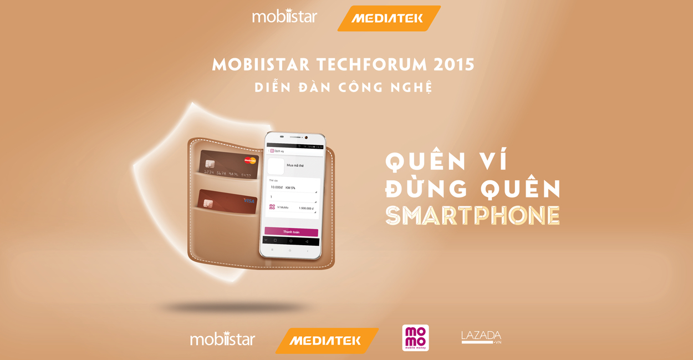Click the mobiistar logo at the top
[284, 16]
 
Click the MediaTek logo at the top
[388, 18]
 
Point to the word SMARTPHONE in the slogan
[472, 216]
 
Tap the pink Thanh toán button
[291, 232]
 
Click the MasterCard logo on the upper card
[250, 161]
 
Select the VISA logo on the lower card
[249, 200]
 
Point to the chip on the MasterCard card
[210, 164]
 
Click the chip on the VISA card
[208, 204]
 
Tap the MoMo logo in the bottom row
[415, 338]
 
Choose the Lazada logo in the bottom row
[481, 337]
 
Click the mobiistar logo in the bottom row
[222, 338]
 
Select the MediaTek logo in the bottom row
[326, 341]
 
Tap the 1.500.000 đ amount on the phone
[306, 208]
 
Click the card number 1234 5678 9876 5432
[226, 174]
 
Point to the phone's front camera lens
[305, 137]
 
